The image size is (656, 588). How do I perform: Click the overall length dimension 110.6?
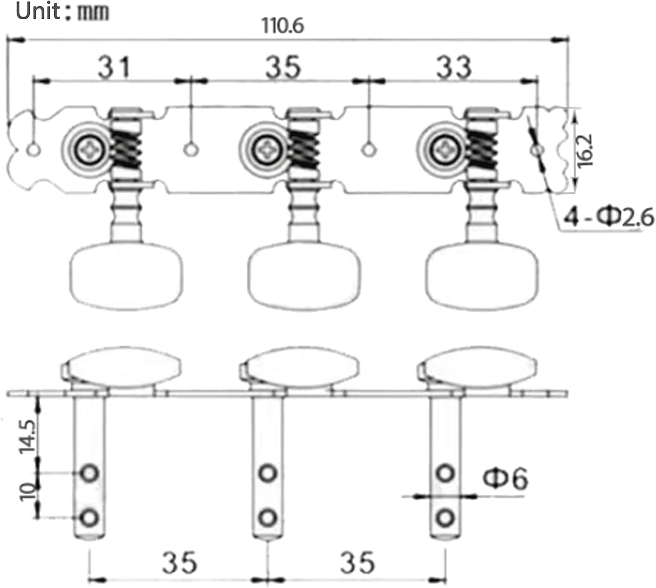tap(283, 26)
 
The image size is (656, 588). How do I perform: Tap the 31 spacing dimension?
tap(114, 67)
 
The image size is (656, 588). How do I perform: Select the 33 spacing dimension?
tap(454, 67)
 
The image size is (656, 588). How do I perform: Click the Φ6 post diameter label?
tap(505, 478)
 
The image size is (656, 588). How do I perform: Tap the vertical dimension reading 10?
tap(27, 491)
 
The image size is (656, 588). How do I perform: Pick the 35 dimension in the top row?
tap(283, 67)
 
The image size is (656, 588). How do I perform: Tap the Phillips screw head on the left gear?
tap(91, 150)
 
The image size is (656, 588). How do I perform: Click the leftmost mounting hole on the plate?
tap(34, 150)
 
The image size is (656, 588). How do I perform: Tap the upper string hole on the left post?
tap(90, 473)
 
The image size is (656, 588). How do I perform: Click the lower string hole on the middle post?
tap(268, 518)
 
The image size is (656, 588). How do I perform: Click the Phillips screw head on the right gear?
tap(447, 150)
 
